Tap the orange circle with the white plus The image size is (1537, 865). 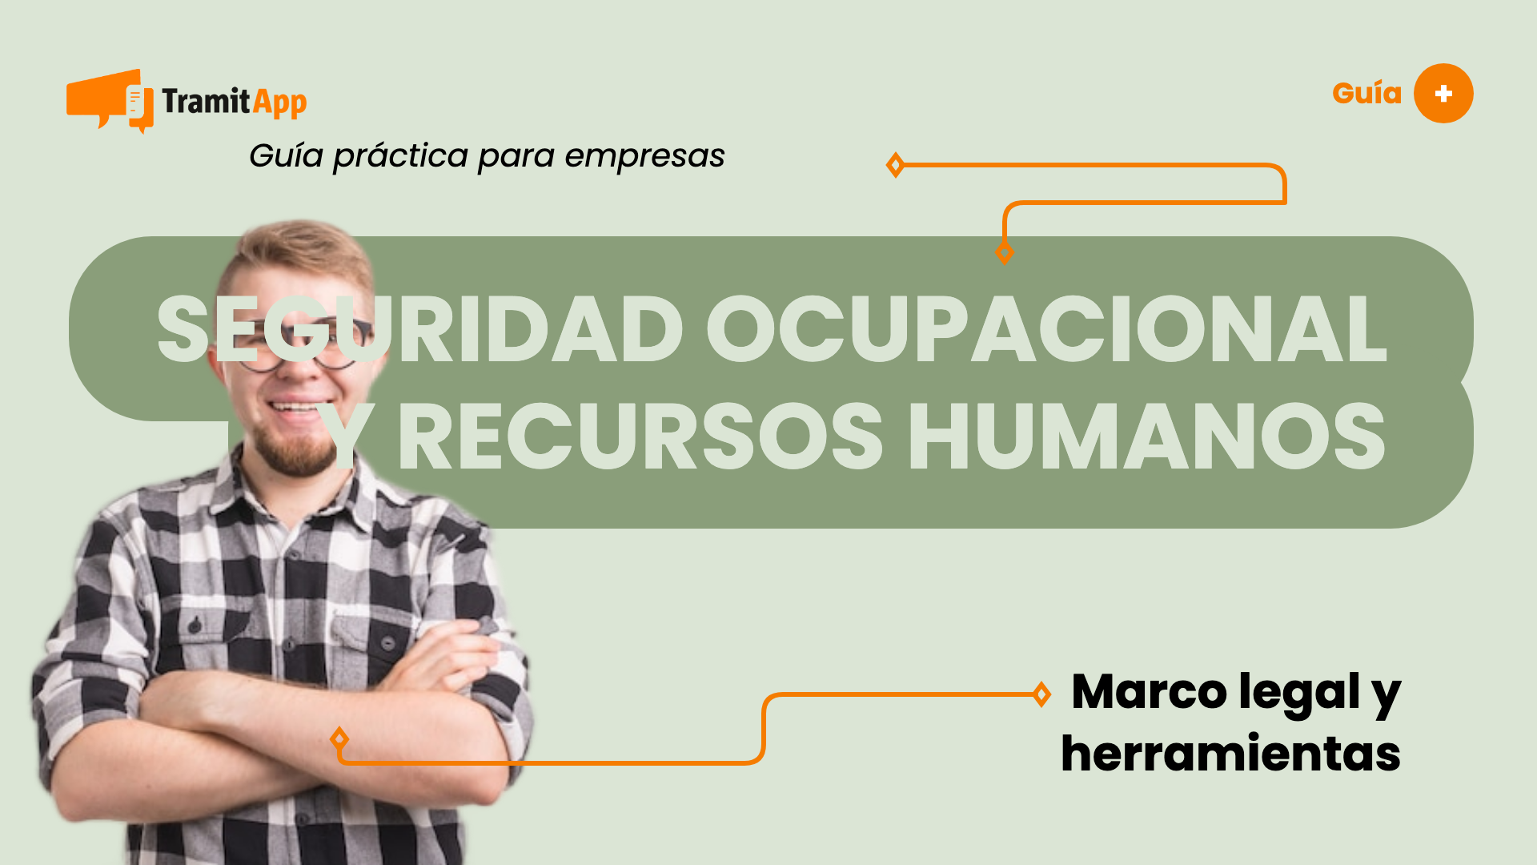pos(1443,94)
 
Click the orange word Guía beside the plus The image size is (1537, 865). pos(1366,94)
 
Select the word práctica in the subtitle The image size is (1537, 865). pos(400,156)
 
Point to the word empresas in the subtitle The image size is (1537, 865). pos(644,156)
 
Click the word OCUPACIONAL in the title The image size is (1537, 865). pos(1045,329)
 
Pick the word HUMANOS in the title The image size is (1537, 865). pos(1146,437)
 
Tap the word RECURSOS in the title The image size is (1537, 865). pos(640,437)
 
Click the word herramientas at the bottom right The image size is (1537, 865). pos(1230,754)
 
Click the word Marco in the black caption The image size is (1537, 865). pos(1149,692)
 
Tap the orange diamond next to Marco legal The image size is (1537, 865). pos(1041,694)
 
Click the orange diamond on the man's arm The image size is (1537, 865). pos(339,738)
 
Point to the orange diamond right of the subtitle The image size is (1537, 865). pos(895,165)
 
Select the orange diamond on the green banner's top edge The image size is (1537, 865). pos(1005,253)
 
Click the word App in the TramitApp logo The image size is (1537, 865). pos(279,103)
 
